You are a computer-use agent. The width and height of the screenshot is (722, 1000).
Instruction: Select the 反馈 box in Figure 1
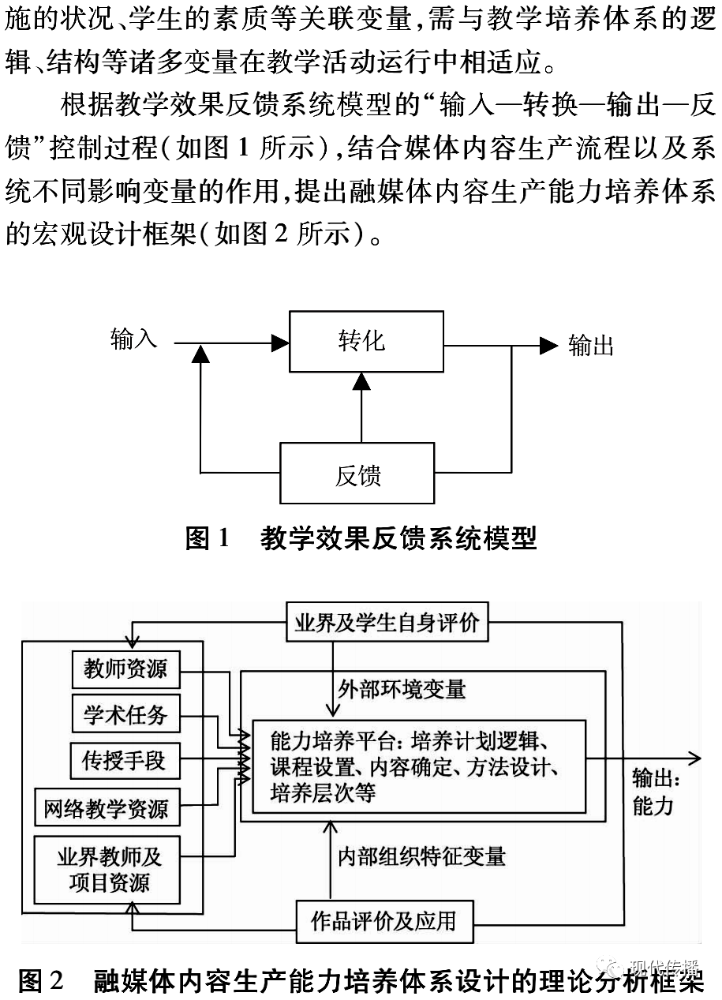coord(357,474)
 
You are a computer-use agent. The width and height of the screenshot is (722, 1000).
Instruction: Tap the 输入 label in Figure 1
coord(134,339)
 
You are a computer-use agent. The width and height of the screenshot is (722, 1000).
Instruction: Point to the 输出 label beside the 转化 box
coord(591,345)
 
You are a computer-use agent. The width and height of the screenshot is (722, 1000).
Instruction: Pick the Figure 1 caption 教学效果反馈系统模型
coord(398,538)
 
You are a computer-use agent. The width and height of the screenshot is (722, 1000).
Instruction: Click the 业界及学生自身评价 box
coord(387,623)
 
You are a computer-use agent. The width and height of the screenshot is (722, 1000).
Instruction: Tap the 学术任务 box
coord(125,714)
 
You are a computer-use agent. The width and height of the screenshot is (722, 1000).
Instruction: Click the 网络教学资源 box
coord(107,808)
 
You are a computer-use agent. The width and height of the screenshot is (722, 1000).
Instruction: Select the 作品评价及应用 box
coord(384,921)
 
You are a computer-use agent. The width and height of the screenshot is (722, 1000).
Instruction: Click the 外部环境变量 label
coord(402,688)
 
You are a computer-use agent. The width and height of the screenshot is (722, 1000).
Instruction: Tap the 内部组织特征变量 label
coord(421,856)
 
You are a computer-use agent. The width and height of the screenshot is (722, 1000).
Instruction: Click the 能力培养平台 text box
coord(418,766)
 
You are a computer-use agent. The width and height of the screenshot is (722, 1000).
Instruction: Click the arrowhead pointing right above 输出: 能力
coord(693,758)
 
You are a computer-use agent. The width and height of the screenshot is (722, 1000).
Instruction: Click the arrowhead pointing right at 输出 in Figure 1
coord(548,345)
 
